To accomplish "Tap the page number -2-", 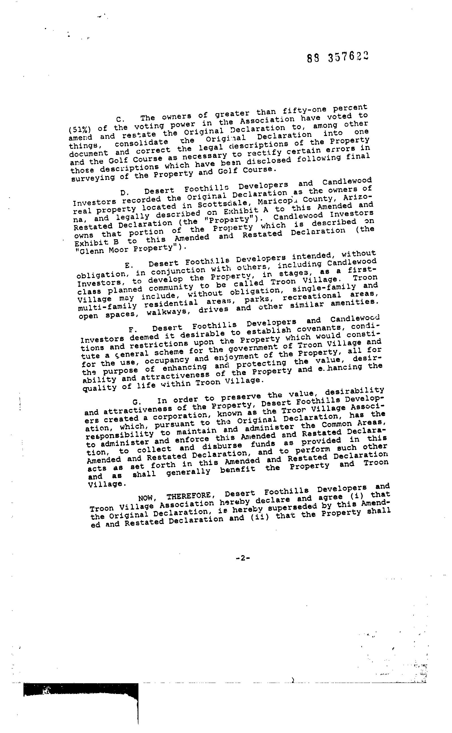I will [x=242, y=558].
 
